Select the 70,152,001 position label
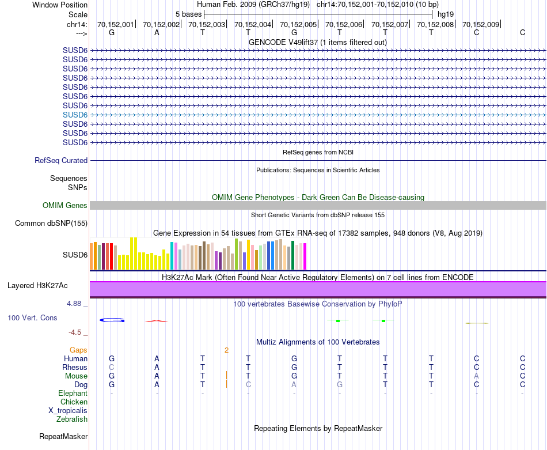(x=115, y=25)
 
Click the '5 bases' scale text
(x=188, y=14)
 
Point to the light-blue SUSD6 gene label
(x=75, y=115)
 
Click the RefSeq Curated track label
(x=61, y=161)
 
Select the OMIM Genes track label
(x=65, y=206)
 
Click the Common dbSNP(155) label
(x=51, y=224)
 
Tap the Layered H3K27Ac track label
(x=37, y=286)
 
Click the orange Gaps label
(x=78, y=350)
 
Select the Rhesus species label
(x=75, y=368)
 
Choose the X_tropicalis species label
(x=68, y=411)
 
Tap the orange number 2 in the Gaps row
(x=227, y=350)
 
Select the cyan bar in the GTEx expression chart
(x=173, y=255)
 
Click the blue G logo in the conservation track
(x=112, y=320)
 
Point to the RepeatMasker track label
(x=63, y=437)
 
